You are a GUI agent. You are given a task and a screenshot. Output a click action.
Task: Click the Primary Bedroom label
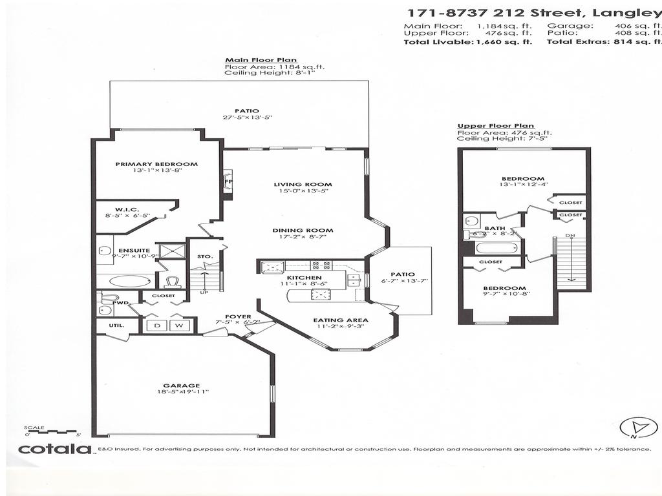156,164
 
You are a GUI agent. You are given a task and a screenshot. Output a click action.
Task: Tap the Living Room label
294,184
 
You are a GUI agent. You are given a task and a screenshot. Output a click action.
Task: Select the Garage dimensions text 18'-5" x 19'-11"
181,391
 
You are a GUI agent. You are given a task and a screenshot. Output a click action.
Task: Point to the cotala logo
54,448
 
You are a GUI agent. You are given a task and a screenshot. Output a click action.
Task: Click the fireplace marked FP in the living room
228,181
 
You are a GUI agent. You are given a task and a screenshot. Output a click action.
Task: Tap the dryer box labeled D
157,325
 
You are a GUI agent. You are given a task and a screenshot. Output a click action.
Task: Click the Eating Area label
341,320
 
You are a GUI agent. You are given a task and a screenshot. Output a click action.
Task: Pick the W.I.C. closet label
124,209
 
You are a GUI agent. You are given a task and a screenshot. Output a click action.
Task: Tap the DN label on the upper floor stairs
570,235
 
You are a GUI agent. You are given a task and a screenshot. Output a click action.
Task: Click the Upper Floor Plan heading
486,126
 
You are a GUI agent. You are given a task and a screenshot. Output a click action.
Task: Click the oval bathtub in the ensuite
123,281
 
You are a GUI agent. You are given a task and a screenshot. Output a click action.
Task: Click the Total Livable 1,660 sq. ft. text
468,41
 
